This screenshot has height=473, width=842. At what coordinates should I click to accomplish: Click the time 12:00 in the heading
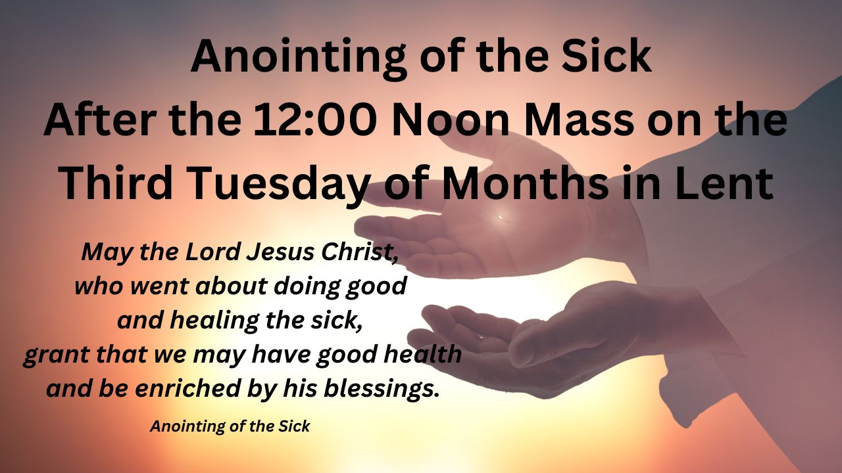[x=314, y=120]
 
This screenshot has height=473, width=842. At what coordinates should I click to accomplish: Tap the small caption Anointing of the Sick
[x=230, y=426]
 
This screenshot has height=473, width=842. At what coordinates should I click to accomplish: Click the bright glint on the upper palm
[x=501, y=217]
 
